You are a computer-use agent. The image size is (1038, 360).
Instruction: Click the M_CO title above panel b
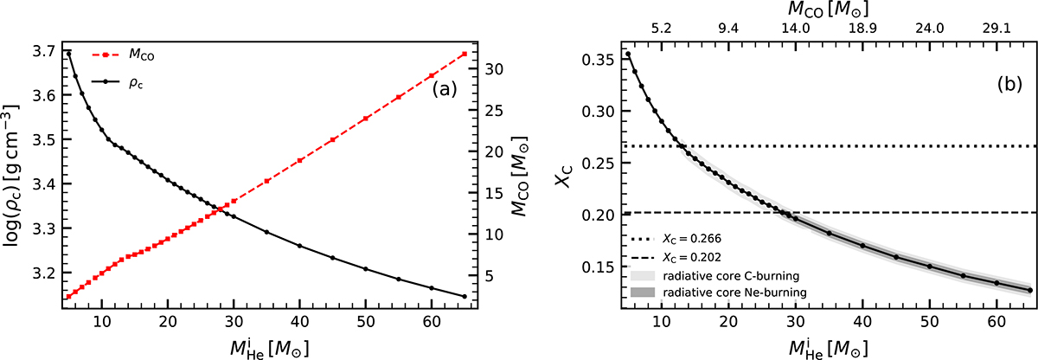pyautogui.click(x=828, y=9)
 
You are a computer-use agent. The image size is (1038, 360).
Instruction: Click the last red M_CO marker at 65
pyautogui.click(x=465, y=54)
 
